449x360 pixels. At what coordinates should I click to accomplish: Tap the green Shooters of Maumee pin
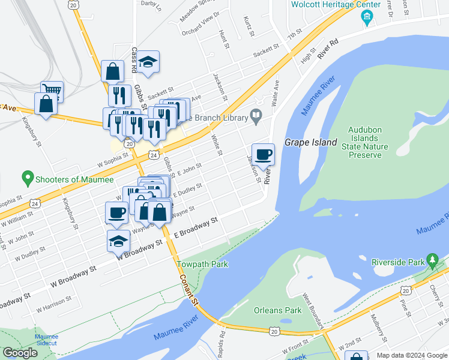27,178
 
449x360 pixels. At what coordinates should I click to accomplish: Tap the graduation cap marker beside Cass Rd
147,62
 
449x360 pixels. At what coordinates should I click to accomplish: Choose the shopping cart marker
52,92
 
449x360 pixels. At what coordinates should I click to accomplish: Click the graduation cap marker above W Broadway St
119,242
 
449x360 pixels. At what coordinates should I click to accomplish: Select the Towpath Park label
194,264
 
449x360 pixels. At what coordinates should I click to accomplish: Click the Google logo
20,353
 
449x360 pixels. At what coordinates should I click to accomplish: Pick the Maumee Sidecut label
46,340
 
